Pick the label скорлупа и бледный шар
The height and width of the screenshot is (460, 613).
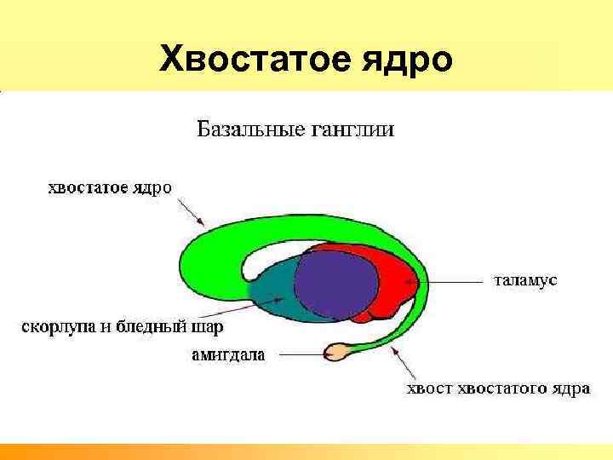pos(122,326)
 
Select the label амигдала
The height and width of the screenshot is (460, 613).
pos(227,354)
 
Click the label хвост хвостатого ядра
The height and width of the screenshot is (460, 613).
pos(496,390)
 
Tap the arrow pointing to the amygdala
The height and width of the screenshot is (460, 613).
pos(295,351)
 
